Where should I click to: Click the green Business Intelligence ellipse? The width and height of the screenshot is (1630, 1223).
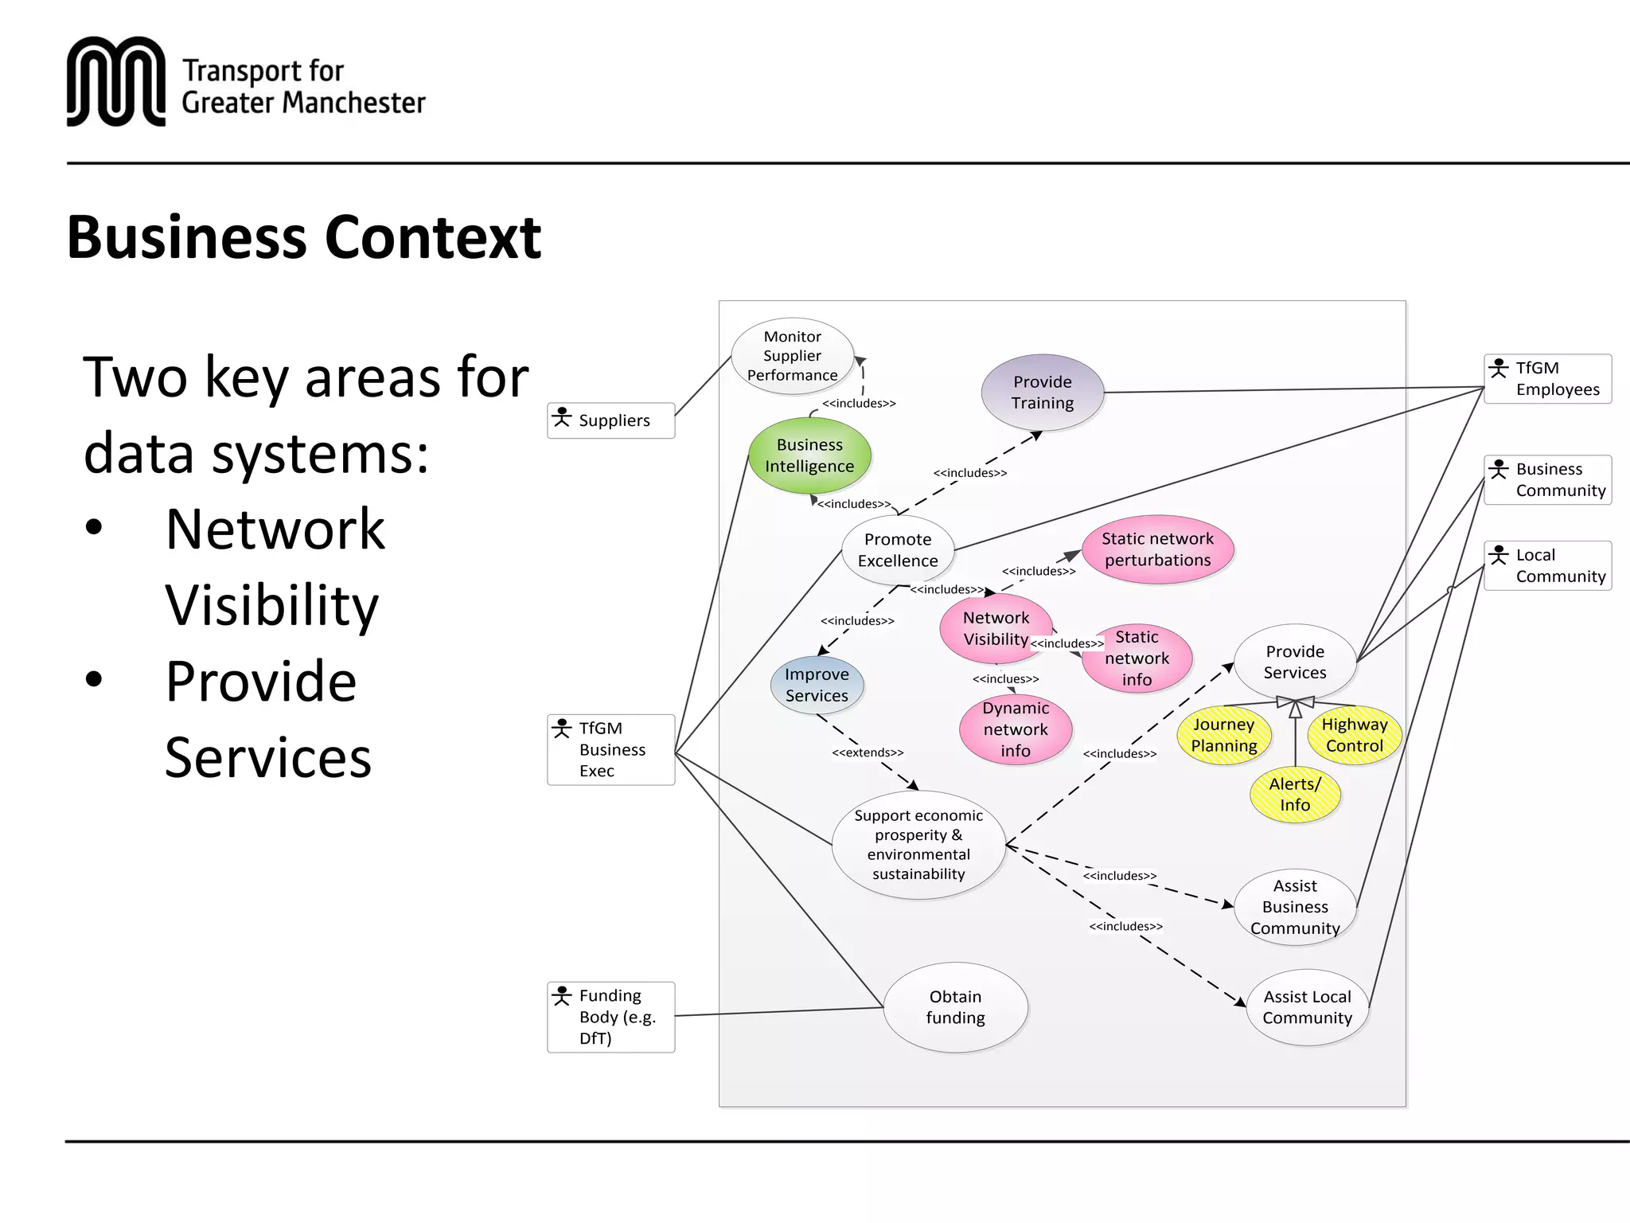coord(809,455)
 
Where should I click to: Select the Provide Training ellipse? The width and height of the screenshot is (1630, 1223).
coord(1042,393)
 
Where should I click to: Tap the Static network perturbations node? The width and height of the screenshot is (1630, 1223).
coord(1157,549)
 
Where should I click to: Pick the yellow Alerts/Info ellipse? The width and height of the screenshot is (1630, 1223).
coord(1295,795)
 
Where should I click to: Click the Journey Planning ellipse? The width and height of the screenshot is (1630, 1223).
coord(1223,735)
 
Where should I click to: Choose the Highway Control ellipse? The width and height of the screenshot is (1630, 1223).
coord(1354,735)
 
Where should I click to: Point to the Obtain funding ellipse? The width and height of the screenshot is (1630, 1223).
coord(955,1007)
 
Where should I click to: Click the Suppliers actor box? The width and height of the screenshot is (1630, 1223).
coord(611,420)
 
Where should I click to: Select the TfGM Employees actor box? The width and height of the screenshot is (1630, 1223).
coord(1547,379)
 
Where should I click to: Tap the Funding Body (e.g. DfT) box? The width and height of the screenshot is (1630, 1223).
coord(611,1017)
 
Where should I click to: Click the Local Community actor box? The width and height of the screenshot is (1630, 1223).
coord(1547,565)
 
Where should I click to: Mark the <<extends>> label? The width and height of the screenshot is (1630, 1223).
coord(868,752)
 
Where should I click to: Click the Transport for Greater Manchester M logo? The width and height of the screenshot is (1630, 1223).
coord(116,81)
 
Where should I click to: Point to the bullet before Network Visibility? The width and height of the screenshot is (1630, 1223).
coord(94,527)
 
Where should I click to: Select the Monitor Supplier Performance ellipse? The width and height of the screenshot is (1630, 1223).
coord(792,356)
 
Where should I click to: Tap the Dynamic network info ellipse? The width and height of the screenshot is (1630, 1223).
coord(1015,729)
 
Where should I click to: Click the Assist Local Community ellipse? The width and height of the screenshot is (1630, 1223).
coord(1307,1007)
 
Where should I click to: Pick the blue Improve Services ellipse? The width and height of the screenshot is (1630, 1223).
coord(817,685)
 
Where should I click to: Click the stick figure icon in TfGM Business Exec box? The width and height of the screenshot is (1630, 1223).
coord(562,729)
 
